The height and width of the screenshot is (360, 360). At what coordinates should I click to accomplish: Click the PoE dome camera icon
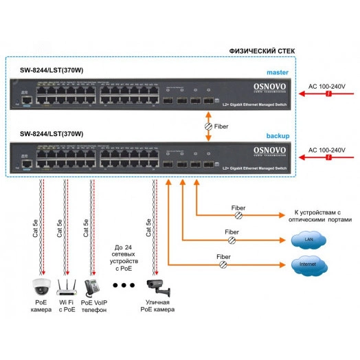pos(41,285)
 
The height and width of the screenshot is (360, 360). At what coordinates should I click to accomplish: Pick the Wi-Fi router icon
pos(65,285)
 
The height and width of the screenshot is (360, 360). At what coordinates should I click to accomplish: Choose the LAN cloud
pos(304,240)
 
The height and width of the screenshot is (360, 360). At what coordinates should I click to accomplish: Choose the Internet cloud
pos(304,264)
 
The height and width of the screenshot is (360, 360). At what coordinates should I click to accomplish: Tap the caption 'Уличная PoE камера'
pos(155,306)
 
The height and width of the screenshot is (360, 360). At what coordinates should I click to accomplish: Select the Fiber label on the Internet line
pos(223,256)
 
